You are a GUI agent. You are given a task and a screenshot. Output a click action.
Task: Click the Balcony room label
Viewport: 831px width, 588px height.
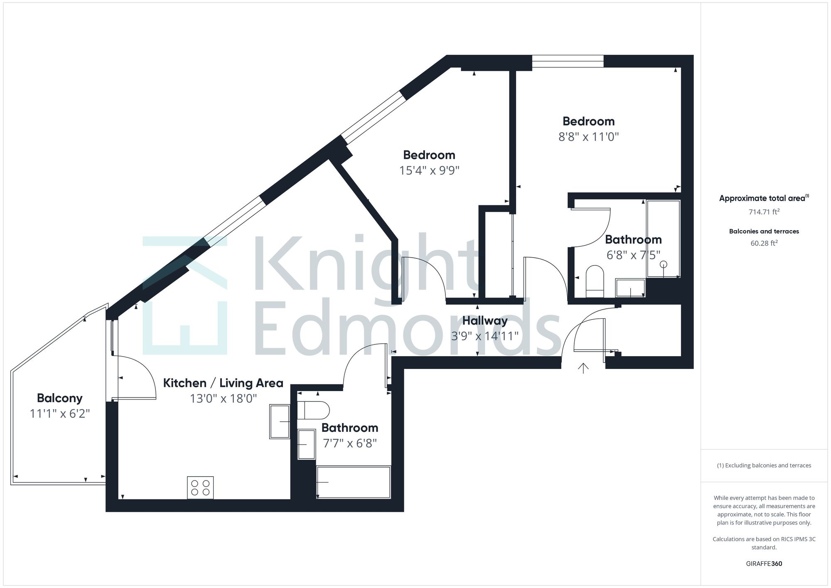pos(59,398)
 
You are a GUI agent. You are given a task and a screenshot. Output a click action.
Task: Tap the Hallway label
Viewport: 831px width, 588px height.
pos(485,321)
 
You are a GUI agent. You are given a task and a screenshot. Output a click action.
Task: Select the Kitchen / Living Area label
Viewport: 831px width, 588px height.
pos(223,383)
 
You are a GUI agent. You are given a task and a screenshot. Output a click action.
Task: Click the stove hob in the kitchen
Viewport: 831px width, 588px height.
pos(200,488)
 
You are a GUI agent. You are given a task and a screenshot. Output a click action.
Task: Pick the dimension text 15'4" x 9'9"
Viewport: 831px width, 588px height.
pos(429,170)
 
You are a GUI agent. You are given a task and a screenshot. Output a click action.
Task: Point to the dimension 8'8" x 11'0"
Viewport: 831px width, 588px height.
pos(588,137)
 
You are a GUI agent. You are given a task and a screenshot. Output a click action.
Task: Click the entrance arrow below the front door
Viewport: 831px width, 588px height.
pos(583,368)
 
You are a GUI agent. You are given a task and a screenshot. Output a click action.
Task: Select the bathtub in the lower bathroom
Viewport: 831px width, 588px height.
pos(354,482)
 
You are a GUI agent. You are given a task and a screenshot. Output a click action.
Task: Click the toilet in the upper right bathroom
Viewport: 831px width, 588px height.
pos(595,281)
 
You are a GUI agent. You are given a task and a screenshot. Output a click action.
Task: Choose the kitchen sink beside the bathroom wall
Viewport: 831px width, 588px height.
pos(280,421)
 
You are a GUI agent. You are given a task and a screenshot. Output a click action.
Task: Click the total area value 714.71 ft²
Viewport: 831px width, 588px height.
pos(764,212)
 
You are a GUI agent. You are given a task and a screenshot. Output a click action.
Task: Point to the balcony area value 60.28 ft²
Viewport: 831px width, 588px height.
pos(764,244)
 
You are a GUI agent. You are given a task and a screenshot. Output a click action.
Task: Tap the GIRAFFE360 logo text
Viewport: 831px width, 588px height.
pos(764,563)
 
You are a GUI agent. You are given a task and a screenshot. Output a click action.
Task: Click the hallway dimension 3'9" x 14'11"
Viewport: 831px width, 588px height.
pos(485,336)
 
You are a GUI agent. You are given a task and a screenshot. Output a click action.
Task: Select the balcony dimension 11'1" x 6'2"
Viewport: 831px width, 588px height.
pos(60,414)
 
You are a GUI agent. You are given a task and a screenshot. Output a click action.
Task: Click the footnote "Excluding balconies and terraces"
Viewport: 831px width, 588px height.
pos(764,465)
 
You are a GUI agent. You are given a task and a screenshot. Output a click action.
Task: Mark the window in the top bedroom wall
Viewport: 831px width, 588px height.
pos(568,61)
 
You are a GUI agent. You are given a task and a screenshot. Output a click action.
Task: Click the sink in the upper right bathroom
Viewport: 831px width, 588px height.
pos(630,288)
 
